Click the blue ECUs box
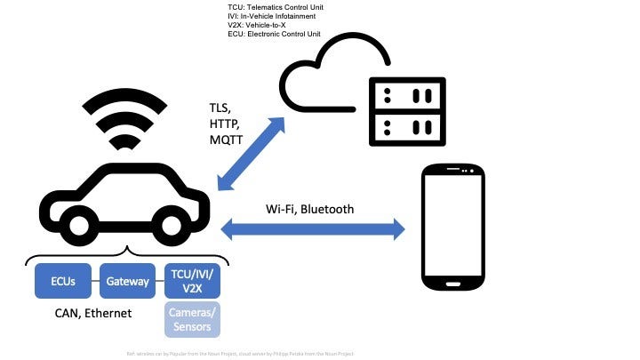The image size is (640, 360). [x=63, y=281]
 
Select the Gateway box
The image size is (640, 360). [x=126, y=281]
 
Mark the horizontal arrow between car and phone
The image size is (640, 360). [x=311, y=229]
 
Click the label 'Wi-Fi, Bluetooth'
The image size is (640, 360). [x=310, y=210]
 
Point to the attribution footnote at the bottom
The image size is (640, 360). [x=241, y=353]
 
